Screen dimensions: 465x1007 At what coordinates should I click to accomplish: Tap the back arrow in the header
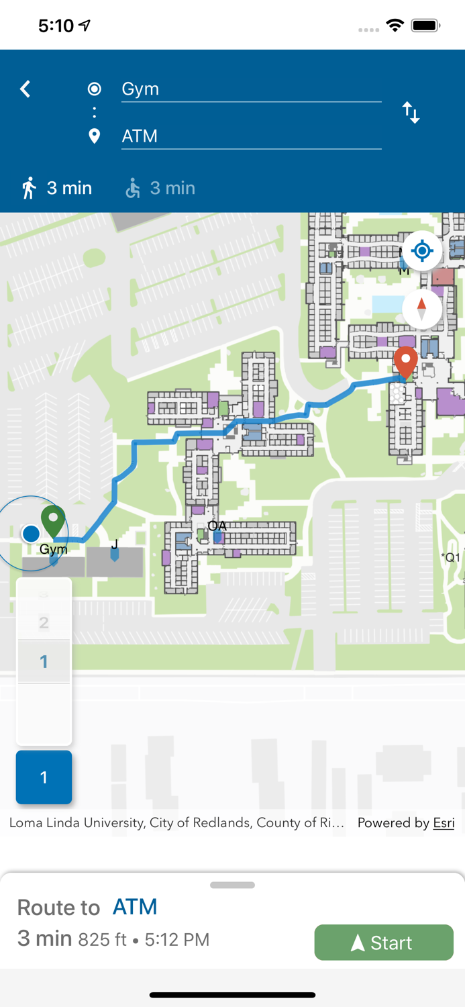[x=25, y=89]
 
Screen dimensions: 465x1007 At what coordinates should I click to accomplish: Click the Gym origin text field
[x=251, y=89]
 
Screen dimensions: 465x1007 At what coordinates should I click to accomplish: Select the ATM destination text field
[x=251, y=136]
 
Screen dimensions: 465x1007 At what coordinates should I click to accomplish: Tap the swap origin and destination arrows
[x=411, y=113]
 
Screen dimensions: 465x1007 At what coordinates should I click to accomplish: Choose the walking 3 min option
[x=57, y=188]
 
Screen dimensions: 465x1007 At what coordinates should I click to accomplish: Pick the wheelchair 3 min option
[x=161, y=188]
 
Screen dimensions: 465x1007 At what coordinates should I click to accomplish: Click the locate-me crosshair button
[x=422, y=251]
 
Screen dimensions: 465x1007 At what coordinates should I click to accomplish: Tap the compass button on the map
[x=422, y=309]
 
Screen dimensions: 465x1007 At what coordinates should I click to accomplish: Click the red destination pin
[x=405, y=363]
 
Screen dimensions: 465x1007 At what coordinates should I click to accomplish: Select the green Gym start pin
[x=53, y=520]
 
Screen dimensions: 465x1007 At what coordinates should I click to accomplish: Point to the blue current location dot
[x=31, y=534]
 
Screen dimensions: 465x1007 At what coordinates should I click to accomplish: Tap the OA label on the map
[x=217, y=526]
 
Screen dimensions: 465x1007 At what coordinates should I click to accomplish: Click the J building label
[x=115, y=544]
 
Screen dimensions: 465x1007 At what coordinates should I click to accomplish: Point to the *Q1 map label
[x=451, y=557]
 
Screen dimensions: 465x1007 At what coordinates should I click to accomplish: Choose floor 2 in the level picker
[x=44, y=623]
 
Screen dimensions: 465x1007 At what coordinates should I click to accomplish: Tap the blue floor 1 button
[x=44, y=777]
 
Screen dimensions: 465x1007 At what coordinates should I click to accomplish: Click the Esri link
[x=444, y=823]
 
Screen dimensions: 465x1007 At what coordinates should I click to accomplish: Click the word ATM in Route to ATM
[x=135, y=907]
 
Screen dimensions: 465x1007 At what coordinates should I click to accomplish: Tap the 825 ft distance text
[x=102, y=939]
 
